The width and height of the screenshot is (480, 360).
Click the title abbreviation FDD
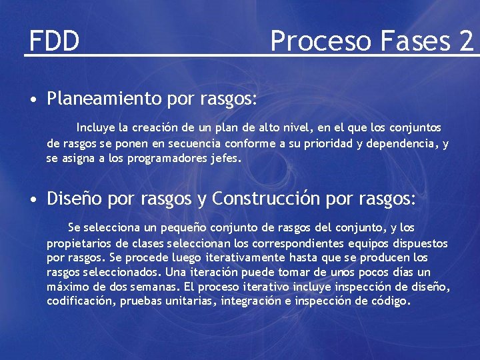pyautogui.click(x=54, y=41)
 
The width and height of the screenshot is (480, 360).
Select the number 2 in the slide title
pyautogui.click(x=465, y=41)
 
